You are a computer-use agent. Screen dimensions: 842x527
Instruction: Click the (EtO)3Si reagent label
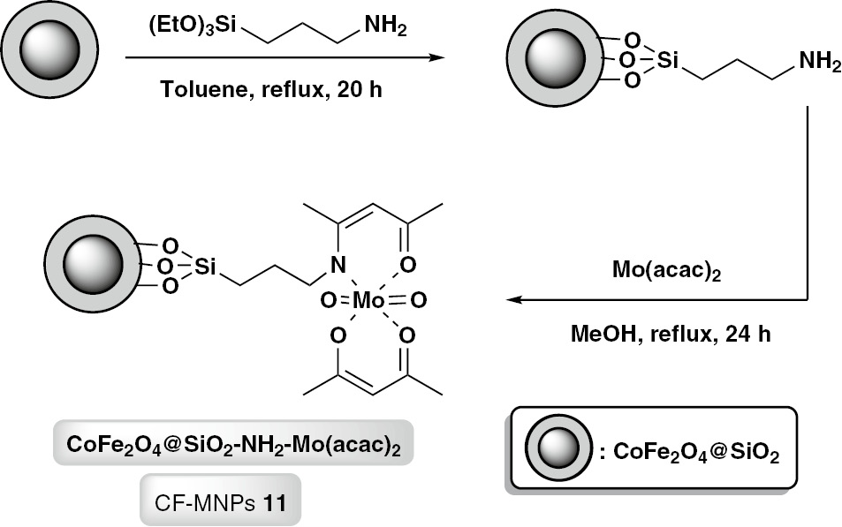193,26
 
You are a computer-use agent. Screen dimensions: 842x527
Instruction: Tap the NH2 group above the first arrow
385,26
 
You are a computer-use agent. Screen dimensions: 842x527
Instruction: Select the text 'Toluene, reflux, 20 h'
271,90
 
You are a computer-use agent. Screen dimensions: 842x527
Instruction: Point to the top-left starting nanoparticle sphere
49,49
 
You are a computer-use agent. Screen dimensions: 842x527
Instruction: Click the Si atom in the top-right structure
667,60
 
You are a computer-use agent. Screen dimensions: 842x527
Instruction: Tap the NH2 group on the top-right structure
820,62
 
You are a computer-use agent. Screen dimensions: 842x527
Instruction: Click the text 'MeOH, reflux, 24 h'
671,334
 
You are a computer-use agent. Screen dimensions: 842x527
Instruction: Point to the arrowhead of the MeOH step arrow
515,299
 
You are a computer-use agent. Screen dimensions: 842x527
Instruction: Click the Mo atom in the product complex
368,300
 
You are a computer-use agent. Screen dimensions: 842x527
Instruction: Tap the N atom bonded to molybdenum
338,265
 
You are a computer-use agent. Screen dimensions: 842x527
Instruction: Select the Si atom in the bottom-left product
205,266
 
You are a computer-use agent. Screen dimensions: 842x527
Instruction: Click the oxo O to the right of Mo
418,300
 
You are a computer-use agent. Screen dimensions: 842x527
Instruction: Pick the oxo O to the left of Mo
329,300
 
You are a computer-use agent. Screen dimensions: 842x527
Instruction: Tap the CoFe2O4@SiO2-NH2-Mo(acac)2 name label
233,443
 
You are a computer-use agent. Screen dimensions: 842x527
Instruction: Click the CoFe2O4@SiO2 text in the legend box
696,452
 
